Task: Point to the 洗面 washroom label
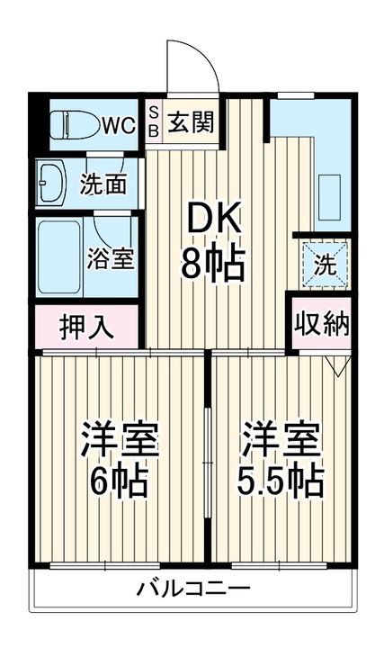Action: click(103, 184)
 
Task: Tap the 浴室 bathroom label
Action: click(111, 258)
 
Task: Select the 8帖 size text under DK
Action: click(212, 264)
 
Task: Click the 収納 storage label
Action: click(321, 324)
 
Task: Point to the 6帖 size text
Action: click(119, 483)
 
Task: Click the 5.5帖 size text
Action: click(281, 483)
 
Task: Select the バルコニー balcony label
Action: click(193, 590)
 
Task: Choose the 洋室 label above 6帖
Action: click(120, 438)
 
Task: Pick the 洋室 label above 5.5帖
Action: click(281, 438)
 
